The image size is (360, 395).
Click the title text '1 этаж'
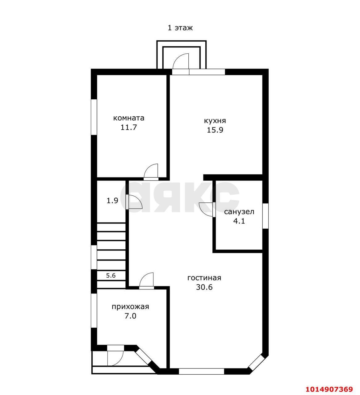pyautogui.click(x=180, y=28)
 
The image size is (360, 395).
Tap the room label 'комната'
pyautogui.click(x=129, y=118)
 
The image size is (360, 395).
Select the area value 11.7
pyautogui.click(x=128, y=127)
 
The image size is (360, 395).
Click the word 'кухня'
pyautogui.click(x=215, y=121)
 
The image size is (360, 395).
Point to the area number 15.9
pyautogui.click(x=215, y=130)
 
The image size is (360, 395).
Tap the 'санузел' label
pyautogui.click(x=239, y=212)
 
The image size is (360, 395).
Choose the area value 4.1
pyautogui.click(x=239, y=221)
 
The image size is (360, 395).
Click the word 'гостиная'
pyautogui.click(x=204, y=278)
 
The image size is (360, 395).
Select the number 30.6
pyautogui.click(x=204, y=287)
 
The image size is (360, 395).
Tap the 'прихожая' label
pyautogui.click(x=130, y=307)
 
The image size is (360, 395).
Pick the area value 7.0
pyautogui.click(x=130, y=316)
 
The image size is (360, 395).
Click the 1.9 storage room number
pyautogui.click(x=112, y=201)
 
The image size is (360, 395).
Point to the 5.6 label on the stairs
pyautogui.click(x=111, y=275)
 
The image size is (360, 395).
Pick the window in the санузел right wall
pyautogui.click(x=266, y=216)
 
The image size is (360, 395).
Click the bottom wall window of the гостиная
pyautogui.click(x=201, y=371)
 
